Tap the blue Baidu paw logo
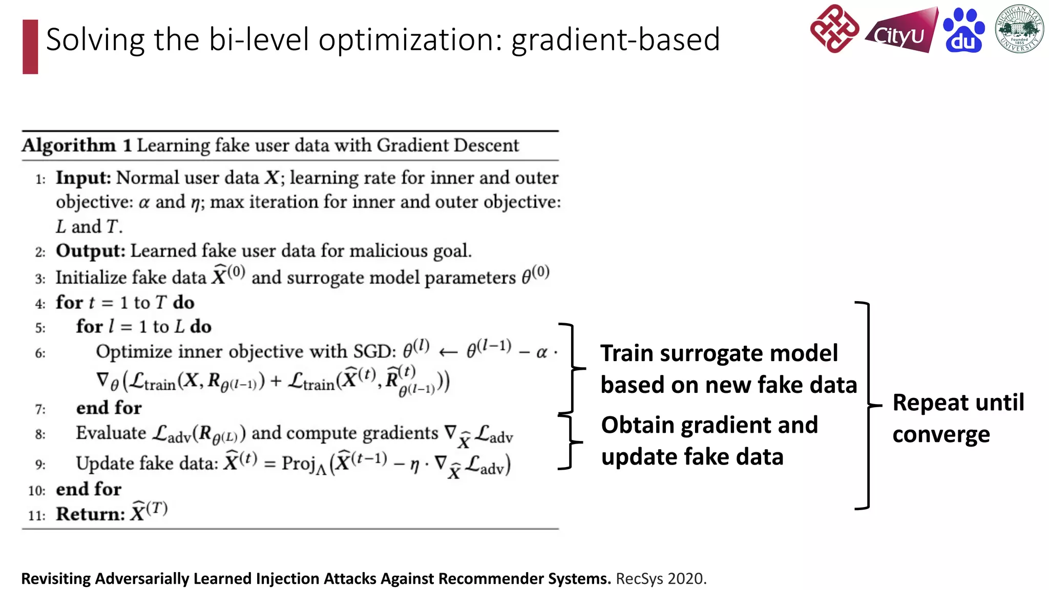coord(963,31)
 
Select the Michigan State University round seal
coord(1019,29)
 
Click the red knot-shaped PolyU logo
coord(834,29)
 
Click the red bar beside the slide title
coord(30,47)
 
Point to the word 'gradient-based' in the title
coord(615,40)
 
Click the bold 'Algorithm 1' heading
coord(77,145)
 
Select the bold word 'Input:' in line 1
coord(83,178)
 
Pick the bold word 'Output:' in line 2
coord(90,251)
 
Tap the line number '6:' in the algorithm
coord(40,353)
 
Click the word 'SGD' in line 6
coord(374,351)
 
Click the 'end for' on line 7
coord(109,408)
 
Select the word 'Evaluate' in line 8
coord(111,433)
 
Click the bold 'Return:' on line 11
coord(90,514)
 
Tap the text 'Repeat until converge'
coord(958,418)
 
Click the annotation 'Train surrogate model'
coord(719,353)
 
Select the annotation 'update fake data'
coord(692,457)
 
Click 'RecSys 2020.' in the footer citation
coord(661,579)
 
